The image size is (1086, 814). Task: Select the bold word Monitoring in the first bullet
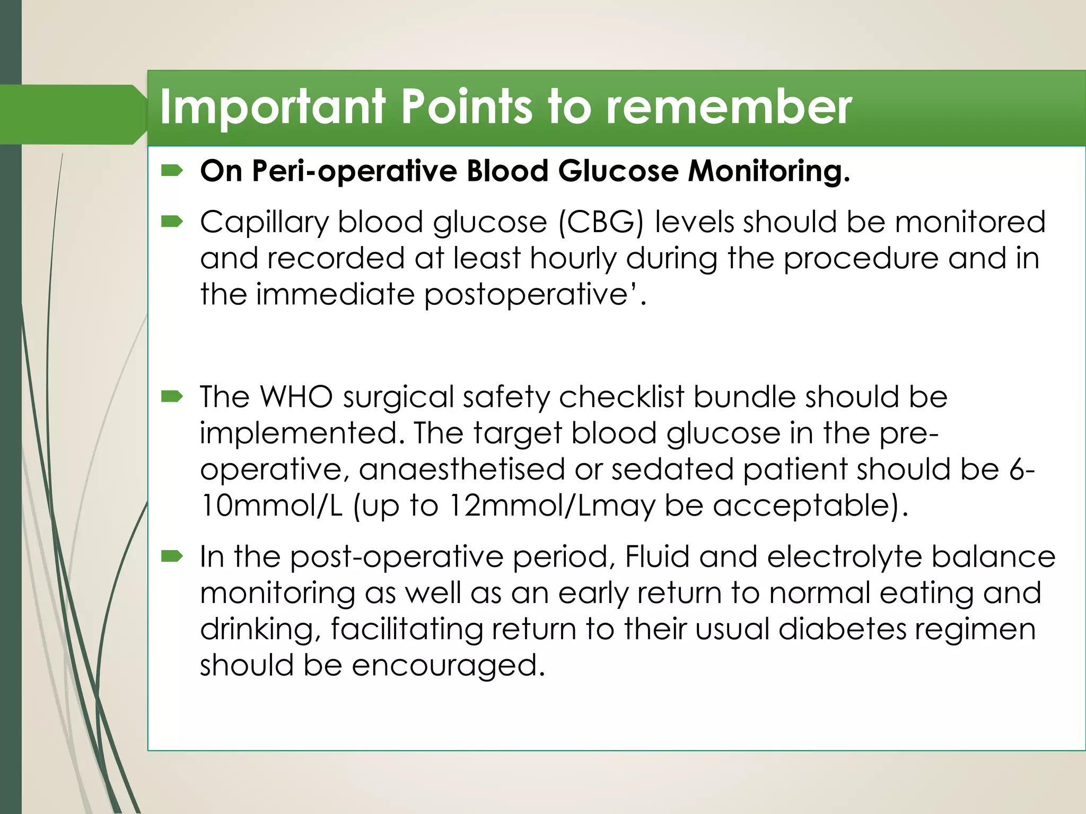(x=768, y=172)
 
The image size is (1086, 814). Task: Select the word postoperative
(x=526, y=295)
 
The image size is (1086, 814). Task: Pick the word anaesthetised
(x=461, y=470)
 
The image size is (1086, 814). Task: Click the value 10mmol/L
(x=271, y=506)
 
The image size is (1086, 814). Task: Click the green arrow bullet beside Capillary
(x=172, y=222)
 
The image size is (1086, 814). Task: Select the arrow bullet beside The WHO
(x=172, y=396)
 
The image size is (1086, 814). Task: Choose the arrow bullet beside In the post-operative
(x=172, y=556)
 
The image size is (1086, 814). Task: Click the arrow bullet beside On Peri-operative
(x=172, y=171)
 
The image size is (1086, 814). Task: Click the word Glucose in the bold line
(x=618, y=172)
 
